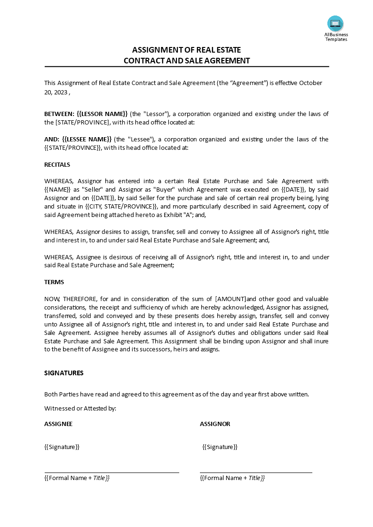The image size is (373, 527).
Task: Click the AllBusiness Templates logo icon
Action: tap(335, 23)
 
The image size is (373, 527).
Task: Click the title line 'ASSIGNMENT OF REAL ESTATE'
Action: tap(186, 50)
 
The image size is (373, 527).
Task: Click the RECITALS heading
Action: tap(57, 164)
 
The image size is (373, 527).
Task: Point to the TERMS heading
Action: tap(54, 282)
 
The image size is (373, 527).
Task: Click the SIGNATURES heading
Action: tap(63, 373)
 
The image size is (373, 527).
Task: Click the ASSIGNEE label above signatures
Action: tap(58, 424)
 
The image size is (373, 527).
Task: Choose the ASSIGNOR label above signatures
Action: tap(215, 424)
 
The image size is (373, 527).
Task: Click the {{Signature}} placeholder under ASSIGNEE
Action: tap(62, 447)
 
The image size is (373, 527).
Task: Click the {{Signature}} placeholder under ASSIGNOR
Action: tap(220, 447)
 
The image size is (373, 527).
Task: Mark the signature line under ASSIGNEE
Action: tap(111, 473)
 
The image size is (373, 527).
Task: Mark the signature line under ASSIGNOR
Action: tap(256, 473)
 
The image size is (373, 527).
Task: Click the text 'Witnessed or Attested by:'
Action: tap(80, 408)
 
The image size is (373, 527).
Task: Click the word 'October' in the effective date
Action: tap(310, 83)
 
